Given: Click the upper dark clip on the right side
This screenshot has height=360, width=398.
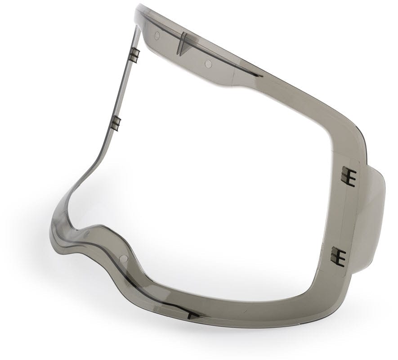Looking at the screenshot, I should tap(348, 176).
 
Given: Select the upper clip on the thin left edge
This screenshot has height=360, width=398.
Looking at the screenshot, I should tap(135, 54).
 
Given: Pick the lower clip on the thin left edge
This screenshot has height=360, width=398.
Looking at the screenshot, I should tap(116, 123).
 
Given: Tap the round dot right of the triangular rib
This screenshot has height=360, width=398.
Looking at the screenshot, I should tap(208, 64).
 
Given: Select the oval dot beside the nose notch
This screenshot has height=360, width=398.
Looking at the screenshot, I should tap(87, 233).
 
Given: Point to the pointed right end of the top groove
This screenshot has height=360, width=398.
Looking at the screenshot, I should tap(261, 75).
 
